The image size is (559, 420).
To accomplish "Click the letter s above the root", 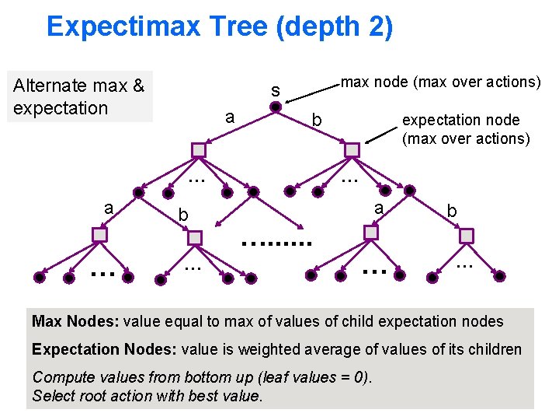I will pyautogui.click(x=276, y=90).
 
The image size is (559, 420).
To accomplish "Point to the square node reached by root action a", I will pyautogui.click(x=200, y=149).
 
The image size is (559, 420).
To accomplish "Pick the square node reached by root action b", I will pyautogui.click(x=352, y=149).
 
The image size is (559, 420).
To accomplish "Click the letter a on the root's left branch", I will pyautogui.click(x=229, y=117).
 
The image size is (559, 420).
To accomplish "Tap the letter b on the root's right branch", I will pyautogui.click(x=316, y=120).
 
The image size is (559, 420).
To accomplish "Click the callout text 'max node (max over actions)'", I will pyautogui.click(x=441, y=80).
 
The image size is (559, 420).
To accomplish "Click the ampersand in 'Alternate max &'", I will pyautogui.click(x=138, y=86).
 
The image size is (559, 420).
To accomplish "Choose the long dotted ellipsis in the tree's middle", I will pyautogui.click(x=276, y=242).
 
